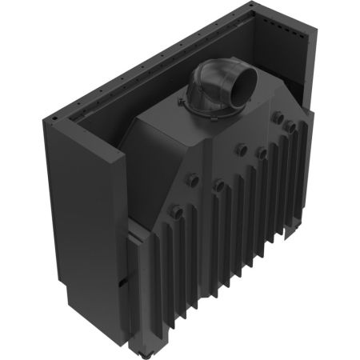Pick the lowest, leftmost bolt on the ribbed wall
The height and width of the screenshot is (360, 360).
tap(177, 211)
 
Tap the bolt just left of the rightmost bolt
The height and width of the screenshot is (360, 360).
tap(277, 118)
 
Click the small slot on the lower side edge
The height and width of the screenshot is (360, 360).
tap(122, 282)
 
